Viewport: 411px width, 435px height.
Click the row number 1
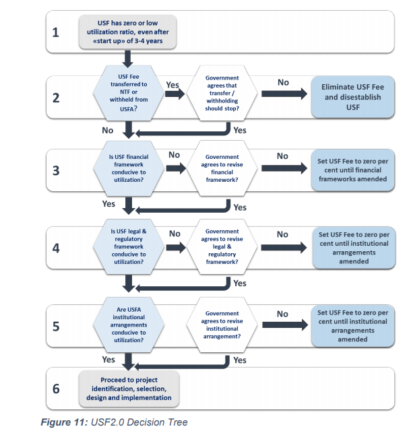point(55,32)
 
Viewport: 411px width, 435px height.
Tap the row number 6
point(56,389)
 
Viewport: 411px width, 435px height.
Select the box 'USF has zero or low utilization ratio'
point(127,32)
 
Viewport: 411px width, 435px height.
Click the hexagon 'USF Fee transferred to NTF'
point(129,93)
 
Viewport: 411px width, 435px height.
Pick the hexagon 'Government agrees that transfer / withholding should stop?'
point(222,93)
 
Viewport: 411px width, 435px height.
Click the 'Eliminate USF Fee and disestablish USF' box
point(353,97)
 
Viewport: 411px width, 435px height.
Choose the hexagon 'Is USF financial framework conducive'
point(129,168)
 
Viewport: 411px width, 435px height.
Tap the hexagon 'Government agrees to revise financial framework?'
point(222,168)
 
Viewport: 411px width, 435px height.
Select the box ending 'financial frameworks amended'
point(353,170)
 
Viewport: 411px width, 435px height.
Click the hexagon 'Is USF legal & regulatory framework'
point(129,246)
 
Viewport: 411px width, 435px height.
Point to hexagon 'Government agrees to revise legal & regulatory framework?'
point(222,246)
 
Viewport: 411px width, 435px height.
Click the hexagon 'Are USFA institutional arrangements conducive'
point(129,325)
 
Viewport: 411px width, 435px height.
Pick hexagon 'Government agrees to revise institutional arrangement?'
point(222,325)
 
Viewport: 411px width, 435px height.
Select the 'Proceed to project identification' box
point(129,389)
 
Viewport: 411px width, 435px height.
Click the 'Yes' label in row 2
point(172,85)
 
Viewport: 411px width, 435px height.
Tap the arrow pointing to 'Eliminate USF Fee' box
point(284,94)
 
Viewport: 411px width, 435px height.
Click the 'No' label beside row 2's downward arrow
point(108,131)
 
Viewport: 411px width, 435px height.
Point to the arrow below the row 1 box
point(127,59)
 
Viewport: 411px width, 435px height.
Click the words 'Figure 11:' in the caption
point(65,422)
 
